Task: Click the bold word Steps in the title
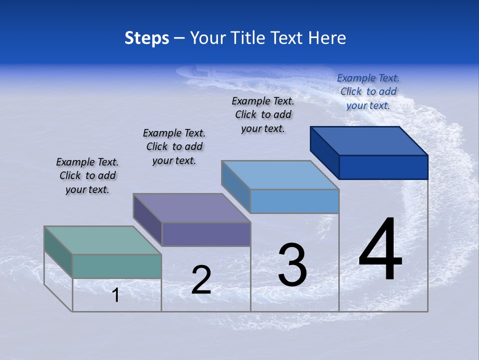pyautogui.click(x=147, y=38)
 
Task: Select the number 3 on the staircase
pyautogui.click(x=292, y=265)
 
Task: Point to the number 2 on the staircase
pyautogui.click(x=201, y=280)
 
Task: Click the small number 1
pyautogui.click(x=116, y=295)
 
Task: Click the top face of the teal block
pyautogui.click(x=103, y=240)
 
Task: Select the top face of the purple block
pyautogui.click(x=192, y=208)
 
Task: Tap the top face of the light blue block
pyautogui.click(x=280, y=175)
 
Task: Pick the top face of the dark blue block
pyautogui.click(x=369, y=141)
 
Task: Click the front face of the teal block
pyautogui.click(x=117, y=266)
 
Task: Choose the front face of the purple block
pyautogui.click(x=206, y=234)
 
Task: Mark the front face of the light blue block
pyautogui.click(x=294, y=201)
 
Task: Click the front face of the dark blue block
pyautogui.click(x=383, y=167)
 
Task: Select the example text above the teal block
pyautogui.click(x=87, y=175)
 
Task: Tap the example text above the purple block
pyautogui.click(x=174, y=146)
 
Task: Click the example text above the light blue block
pyautogui.click(x=263, y=114)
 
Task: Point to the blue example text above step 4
pyautogui.click(x=368, y=91)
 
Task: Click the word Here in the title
pyautogui.click(x=327, y=38)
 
